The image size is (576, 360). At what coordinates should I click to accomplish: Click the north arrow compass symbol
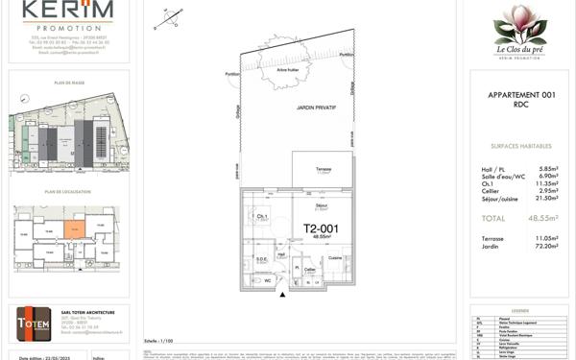173,15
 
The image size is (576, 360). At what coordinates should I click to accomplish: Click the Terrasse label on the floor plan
324,169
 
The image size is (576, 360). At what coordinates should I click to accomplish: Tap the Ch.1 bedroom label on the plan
261,217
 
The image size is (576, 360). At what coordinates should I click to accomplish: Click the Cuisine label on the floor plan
334,258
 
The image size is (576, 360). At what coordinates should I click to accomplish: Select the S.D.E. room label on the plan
261,258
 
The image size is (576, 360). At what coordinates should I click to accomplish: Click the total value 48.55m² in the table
543,218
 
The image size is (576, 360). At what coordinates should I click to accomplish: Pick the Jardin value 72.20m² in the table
544,247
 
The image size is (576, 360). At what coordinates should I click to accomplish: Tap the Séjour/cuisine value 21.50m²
544,198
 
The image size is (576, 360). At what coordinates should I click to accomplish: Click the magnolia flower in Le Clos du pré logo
519,23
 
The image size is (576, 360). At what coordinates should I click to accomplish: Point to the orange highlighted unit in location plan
75,228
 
